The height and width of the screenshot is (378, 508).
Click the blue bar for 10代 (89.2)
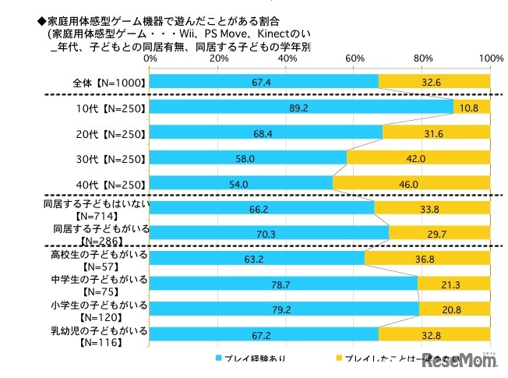301,108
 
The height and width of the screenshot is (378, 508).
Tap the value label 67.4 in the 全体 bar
261,82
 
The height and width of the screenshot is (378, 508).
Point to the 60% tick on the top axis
355,58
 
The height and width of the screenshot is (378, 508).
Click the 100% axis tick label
491,58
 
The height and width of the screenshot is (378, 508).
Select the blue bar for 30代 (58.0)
248,158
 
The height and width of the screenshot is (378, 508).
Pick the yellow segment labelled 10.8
472,108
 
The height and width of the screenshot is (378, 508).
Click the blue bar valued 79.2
284,309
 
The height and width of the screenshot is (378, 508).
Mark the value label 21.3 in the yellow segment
454,284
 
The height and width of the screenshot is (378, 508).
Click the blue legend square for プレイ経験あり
220,358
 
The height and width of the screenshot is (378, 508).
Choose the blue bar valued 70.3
269,232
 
